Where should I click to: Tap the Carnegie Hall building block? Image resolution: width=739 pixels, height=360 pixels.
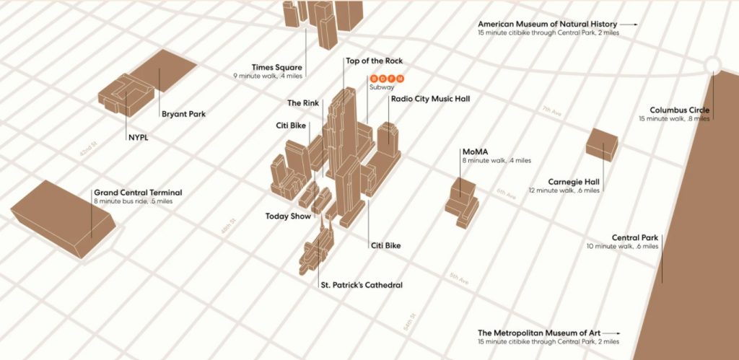tap(601, 144)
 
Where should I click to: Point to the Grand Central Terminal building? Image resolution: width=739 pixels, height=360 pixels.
tap(61, 215)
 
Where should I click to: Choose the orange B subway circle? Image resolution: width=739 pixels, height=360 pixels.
tap(374, 79)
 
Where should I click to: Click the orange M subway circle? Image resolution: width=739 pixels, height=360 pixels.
tap(402, 79)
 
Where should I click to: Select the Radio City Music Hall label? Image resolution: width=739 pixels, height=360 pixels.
tap(430, 98)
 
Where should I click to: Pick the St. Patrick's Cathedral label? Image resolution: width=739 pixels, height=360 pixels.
tap(361, 285)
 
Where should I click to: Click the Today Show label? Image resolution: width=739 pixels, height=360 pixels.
tap(288, 216)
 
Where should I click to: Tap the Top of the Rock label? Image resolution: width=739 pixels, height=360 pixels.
tap(374, 61)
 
